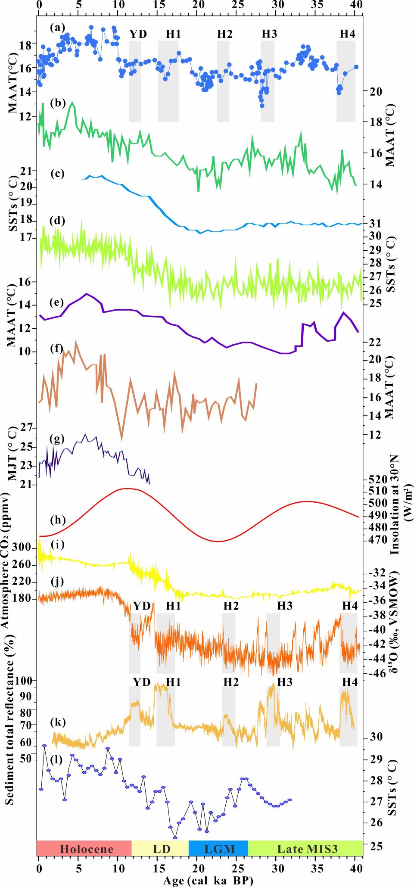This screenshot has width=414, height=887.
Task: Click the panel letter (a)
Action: click(x=57, y=28)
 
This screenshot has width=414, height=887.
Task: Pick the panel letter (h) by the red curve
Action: click(x=57, y=520)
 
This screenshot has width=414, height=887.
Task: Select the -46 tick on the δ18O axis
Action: click(x=377, y=673)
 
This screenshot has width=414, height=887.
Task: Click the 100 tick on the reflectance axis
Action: click(x=24, y=680)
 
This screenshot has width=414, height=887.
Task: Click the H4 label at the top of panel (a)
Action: click(x=347, y=34)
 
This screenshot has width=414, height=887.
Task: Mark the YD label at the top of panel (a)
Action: click(x=138, y=34)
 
